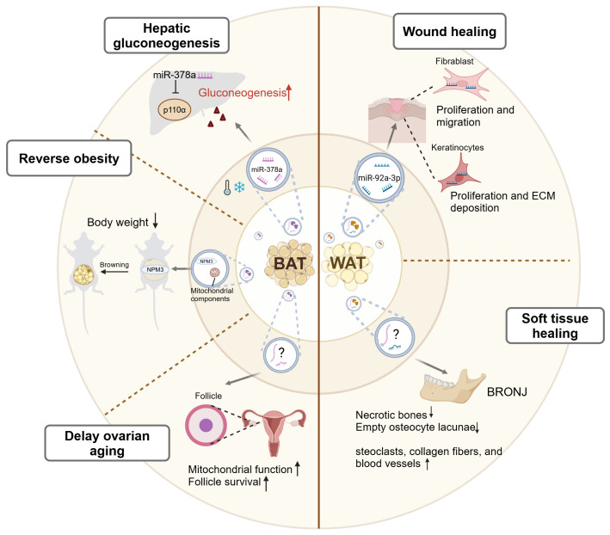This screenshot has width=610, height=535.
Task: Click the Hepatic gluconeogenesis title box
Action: [x=167, y=35]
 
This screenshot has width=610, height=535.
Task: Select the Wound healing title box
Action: [x=449, y=31]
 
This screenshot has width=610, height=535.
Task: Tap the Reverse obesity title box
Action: [x=69, y=158]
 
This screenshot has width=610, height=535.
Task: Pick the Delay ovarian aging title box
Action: [x=107, y=443]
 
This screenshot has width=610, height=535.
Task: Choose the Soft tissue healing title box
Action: [x=555, y=326]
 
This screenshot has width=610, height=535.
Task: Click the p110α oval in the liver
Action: [x=175, y=109]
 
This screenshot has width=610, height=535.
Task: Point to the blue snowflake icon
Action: [x=239, y=188]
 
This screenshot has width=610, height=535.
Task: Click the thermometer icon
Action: [x=227, y=188]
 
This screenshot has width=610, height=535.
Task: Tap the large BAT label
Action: [x=290, y=263]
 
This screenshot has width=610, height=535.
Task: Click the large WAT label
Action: [x=348, y=263]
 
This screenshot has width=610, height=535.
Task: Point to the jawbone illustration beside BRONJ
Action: [x=453, y=385]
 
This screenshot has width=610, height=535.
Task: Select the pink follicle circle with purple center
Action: [x=206, y=425]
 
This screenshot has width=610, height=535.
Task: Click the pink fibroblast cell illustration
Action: [x=461, y=83]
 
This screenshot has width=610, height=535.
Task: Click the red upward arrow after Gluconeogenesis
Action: [x=289, y=93]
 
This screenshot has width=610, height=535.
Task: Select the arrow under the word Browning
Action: [x=114, y=272]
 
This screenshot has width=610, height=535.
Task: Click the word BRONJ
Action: [x=507, y=391]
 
